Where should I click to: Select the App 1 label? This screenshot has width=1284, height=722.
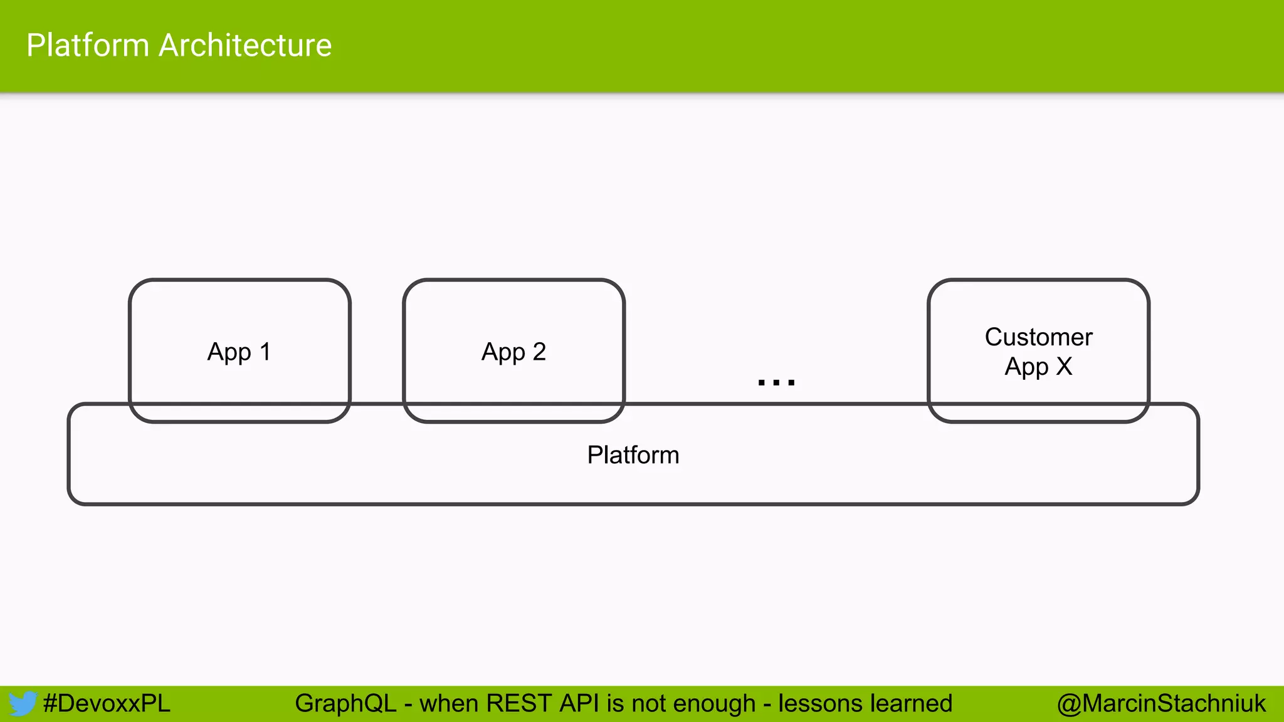click(x=239, y=352)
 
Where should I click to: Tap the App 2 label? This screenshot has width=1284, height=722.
click(x=513, y=352)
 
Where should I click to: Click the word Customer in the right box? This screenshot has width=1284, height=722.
click(x=1038, y=337)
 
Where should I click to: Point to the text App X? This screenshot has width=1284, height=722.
click(x=1038, y=367)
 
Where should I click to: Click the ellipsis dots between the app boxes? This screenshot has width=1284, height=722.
click(x=776, y=382)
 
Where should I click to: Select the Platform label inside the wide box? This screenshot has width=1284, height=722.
click(x=633, y=455)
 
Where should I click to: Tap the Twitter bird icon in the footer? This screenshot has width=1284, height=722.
click(x=22, y=703)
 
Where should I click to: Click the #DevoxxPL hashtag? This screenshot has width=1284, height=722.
click(x=107, y=703)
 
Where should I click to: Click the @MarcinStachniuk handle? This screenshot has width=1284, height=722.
click(x=1161, y=703)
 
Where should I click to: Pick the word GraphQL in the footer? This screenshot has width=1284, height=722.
click(x=345, y=704)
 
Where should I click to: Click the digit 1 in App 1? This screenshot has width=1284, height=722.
click(x=265, y=352)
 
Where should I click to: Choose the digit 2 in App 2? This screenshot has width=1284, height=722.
click(x=539, y=352)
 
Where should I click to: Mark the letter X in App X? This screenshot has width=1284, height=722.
click(x=1064, y=366)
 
